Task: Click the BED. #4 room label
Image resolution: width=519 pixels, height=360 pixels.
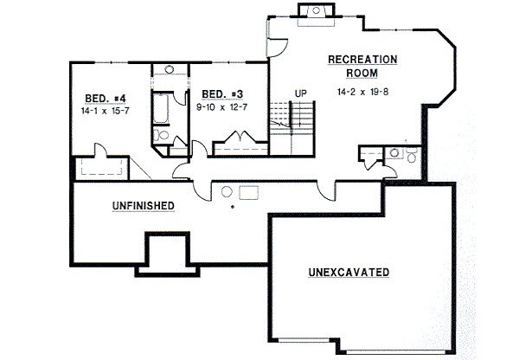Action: point(102,98)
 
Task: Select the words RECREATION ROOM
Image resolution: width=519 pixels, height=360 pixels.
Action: point(362,67)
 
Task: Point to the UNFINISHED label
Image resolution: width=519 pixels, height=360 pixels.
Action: point(144,206)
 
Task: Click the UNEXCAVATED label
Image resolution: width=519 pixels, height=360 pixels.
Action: point(349,273)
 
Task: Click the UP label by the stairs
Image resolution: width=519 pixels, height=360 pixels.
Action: point(300,93)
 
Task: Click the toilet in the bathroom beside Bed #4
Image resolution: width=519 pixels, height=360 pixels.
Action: point(163,136)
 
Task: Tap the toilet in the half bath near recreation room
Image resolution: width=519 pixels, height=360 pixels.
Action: point(395,153)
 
